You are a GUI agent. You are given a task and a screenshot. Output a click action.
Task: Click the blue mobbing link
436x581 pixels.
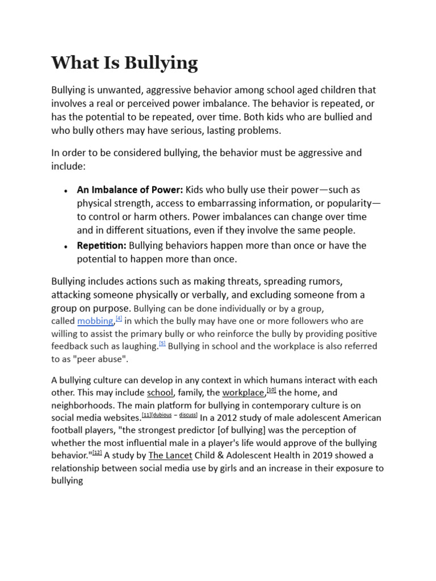pyautogui.click(x=95, y=321)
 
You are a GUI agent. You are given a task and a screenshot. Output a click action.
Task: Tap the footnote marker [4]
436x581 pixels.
pyautogui.click(x=119, y=319)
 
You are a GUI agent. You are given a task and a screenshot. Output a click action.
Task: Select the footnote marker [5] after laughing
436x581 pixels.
pyautogui.click(x=162, y=344)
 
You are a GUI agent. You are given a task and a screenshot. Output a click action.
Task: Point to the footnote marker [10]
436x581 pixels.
pyautogui.click(x=271, y=390)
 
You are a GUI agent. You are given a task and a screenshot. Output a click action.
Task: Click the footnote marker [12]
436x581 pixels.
pyautogui.click(x=97, y=452)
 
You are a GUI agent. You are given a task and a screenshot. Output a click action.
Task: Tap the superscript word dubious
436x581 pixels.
pyautogui.click(x=162, y=415)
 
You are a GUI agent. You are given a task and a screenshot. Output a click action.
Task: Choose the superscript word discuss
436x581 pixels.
pyautogui.click(x=187, y=415)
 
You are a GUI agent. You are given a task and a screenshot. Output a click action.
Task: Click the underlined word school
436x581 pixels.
pyautogui.click(x=160, y=393)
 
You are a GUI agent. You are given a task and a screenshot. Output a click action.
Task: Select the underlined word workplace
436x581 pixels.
pyautogui.click(x=244, y=393)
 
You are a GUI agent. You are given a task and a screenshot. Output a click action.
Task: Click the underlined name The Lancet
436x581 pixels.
pyautogui.click(x=170, y=455)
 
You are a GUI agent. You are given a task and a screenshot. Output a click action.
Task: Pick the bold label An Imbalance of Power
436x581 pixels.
pyautogui.click(x=130, y=190)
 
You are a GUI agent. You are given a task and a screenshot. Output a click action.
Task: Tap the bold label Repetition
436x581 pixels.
pyautogui.click(x=102, y=245)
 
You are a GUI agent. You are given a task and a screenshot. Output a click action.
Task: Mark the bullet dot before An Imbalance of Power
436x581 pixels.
pyautogui.click(x=66, y=191)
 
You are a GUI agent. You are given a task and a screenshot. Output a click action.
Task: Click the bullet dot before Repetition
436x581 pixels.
pyautogui.click(x=66, y=246)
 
